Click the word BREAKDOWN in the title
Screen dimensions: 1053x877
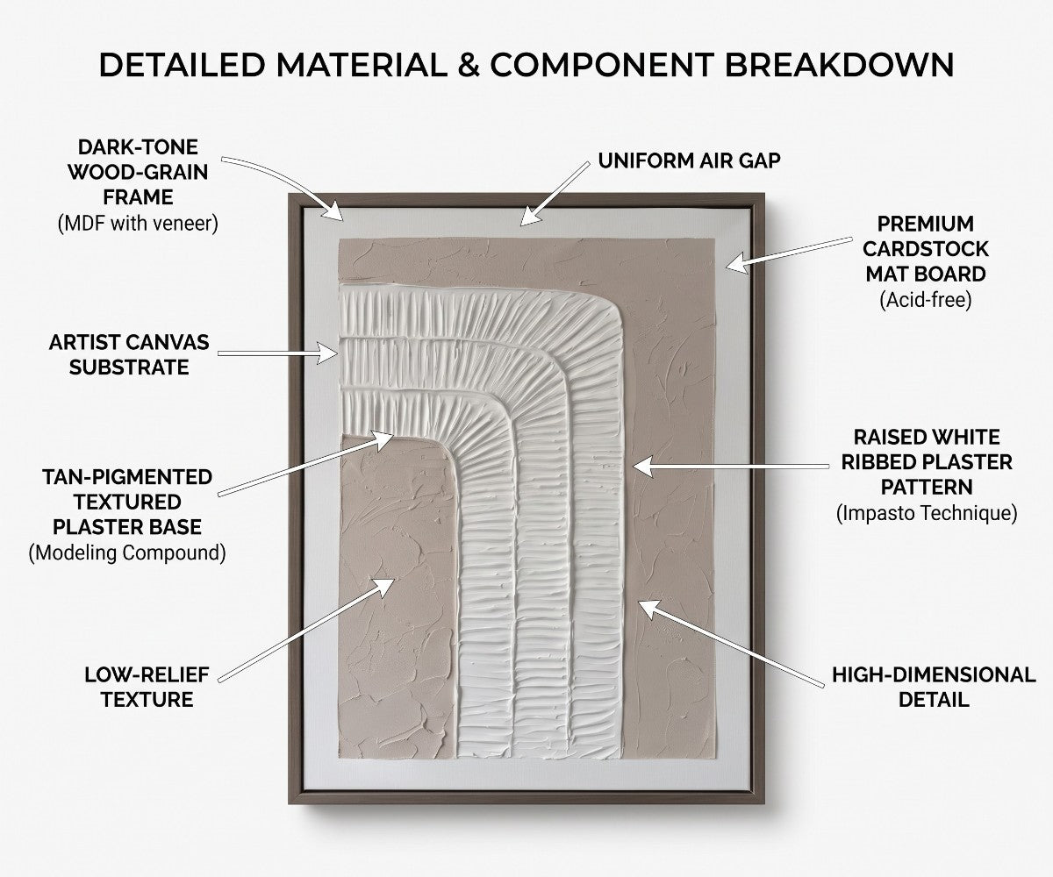tap(839, 65)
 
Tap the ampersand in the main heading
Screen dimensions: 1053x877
tap(469, 65)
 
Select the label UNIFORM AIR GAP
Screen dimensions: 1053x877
tap(689, 160)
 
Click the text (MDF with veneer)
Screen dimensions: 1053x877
tap(138, 224)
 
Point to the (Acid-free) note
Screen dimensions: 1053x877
tap(926, 300)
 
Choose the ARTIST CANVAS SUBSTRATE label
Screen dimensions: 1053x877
tap(129, 355)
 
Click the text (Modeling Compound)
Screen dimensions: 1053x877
tap(127, 553)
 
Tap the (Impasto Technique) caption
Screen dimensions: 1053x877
tap(927, 514)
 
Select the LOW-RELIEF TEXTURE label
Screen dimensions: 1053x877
tap(147, 687)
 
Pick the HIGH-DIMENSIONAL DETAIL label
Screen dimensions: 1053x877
tap(934, 687)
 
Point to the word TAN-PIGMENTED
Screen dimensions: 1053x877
tap(127, 477)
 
